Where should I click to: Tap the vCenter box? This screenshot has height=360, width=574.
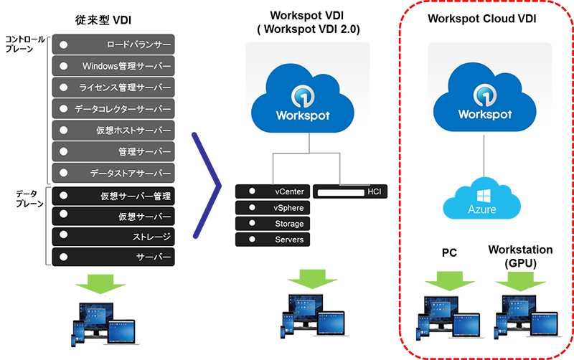click(x=273, y=192)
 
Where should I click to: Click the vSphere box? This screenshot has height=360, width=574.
click(x=273, y=208)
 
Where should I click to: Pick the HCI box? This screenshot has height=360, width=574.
click(x=350, y=192)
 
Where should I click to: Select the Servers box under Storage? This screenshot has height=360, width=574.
click(x=273, y=240)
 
